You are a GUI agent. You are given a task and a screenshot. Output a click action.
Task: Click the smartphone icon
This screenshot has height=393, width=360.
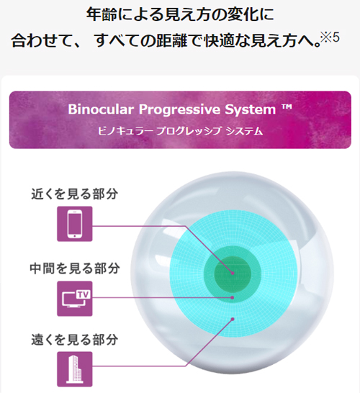tap(75, 224)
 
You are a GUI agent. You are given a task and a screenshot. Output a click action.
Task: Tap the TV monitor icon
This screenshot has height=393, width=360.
tap(75, 299)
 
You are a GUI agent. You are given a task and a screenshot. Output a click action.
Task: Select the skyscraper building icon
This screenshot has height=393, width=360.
tap(75, 369)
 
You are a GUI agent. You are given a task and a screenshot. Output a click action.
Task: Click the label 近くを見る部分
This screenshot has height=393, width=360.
tap(74, 194)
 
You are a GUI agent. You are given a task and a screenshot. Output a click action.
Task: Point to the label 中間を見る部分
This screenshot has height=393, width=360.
tap(74, 268)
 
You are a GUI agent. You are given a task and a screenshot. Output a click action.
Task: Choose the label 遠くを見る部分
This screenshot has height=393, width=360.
tap(74, 340)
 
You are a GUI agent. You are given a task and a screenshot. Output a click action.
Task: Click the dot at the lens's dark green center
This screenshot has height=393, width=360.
tap(233, 274)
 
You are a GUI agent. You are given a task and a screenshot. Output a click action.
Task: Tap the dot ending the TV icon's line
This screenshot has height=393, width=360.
tap(233, 298)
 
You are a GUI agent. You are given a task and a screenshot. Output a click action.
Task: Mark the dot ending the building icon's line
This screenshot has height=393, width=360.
tap(233, 319)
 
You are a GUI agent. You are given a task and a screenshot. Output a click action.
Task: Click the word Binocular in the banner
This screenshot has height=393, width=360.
tap(101, 109)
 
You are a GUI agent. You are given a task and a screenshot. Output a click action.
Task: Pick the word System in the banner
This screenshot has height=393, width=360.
tap(250, 110)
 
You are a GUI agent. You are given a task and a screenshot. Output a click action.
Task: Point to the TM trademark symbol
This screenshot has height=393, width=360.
tap(287, 107)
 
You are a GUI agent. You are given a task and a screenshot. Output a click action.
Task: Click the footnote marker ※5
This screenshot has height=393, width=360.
tap(330, 37)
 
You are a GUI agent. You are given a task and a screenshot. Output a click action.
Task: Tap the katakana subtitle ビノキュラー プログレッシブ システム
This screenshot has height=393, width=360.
tap(180, 131)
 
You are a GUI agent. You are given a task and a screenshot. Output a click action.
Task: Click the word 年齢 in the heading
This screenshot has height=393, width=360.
tap(102, 14)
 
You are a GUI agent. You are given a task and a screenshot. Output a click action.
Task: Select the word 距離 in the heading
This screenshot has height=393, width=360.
tap(171, 40)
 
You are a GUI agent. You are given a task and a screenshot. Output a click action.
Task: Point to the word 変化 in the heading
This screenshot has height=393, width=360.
tap(242, 14)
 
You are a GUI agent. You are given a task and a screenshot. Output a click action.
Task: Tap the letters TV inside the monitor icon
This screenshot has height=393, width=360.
tap(83, 294)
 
